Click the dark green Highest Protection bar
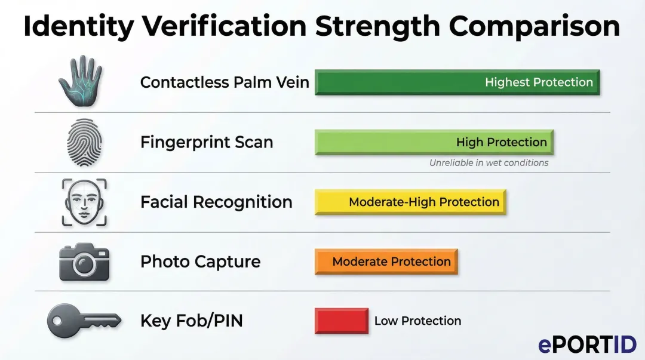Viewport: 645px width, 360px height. tap(457, 82)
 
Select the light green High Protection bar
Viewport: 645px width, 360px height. tap(434, 142)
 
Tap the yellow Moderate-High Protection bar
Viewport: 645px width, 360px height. tap(410, 202)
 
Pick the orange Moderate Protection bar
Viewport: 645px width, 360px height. tap(386, 261)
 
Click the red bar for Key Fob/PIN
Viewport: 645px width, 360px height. tap(342, 321)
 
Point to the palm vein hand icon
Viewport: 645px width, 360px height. tap(80, 81)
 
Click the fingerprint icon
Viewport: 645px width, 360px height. tap(84, 142)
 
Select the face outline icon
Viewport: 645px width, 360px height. tap(84, 202)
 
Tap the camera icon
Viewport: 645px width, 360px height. tap(84, 261)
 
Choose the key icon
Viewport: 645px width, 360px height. tap(84, 321)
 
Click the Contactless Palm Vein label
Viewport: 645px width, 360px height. tap(225, 82)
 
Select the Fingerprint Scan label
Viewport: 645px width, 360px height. tap(207, 142)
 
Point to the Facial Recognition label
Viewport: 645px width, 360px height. tap(216, 202)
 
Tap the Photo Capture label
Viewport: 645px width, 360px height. tap(200, 261)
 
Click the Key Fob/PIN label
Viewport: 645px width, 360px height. tap(192, 321)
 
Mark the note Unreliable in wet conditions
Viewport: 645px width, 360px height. tap(489, 162)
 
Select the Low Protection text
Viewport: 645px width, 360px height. tap(417, 321)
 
